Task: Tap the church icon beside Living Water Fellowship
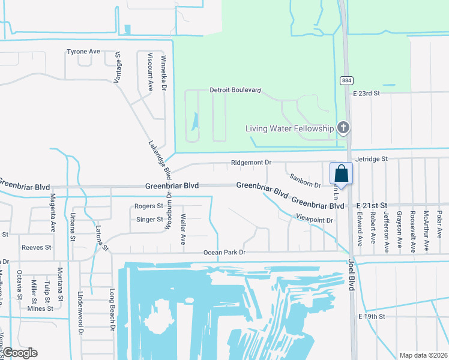point(343,127)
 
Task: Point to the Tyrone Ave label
point(83,52)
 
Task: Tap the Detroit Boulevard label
point(235,90)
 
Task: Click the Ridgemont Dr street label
point(252,163)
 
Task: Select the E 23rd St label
point(367,94)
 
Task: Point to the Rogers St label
point(149,206)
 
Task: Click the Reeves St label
point(37,247)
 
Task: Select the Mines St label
point(40,308)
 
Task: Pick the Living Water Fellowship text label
point(289,128)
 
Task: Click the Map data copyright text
point(423,355)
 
